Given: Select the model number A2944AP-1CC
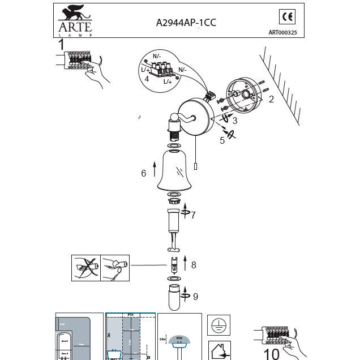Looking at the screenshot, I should [x=186, y=23].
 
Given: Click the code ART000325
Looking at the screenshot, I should [x=286, y=32].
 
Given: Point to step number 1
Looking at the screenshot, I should [x=61, y=44].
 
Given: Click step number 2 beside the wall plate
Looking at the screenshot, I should [x=271, y=100].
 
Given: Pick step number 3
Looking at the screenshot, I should [x=234, y=120].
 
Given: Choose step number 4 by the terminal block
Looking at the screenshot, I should [x=147, y=79].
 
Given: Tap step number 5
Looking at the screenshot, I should [x=222, y=140].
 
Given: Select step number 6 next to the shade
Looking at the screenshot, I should [x=144, y=173].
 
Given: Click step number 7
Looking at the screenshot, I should [x=192, y=215].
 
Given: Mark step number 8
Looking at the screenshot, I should [x=193, y=264].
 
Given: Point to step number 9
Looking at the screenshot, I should [x=195, y=295].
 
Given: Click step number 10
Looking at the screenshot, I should [x=272, y=354].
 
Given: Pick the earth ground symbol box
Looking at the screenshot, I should [x=218, y=324].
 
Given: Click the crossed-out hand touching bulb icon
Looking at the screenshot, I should [x=85, y=267].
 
